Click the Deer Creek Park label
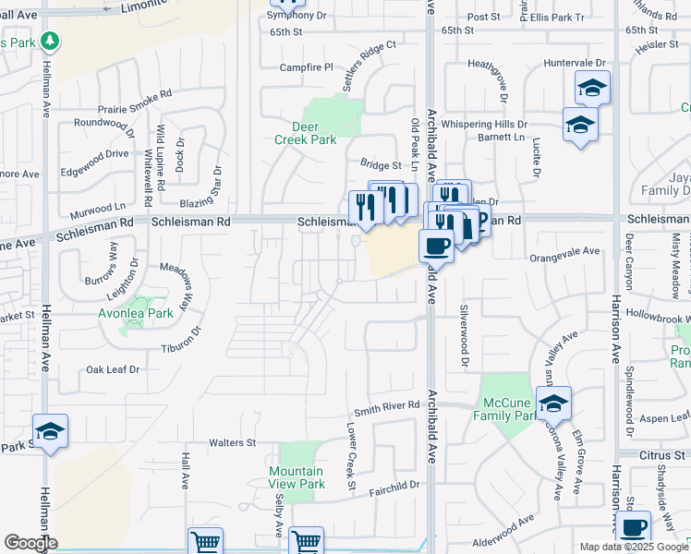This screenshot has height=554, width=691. (305, 133)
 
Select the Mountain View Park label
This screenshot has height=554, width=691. (297, 477)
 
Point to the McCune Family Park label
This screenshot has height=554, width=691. (508, 409)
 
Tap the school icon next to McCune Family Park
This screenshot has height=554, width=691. (553, 403)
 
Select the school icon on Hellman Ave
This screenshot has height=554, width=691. (50, 431)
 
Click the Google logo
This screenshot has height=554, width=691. (30, 543)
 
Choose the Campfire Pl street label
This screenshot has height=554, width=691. (307, 67)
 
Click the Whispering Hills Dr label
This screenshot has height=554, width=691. (484, 124)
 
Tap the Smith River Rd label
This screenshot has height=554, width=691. (388, 406)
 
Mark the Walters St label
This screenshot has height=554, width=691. (232, 443)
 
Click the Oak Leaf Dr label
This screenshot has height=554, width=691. (113, 369)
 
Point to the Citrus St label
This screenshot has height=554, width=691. (661, 454)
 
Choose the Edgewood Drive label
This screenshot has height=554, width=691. (94, 153)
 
